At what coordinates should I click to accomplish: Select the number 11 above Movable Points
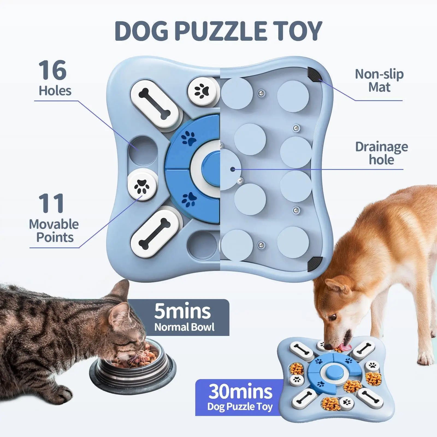tap(51, 203)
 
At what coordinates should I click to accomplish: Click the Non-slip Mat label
tap(379, 81)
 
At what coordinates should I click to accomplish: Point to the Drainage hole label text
tap(381, 153)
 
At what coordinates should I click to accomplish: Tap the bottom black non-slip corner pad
tap(315, 264)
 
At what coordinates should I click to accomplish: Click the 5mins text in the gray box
tap(182, 311)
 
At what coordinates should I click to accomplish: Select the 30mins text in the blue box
tap(240, 391)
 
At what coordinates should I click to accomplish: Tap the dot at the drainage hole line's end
tap(232, 169)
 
